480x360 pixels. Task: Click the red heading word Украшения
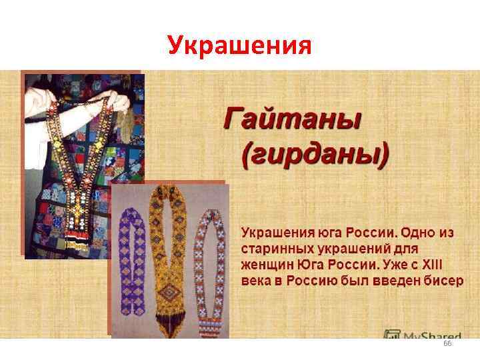click(239, 45)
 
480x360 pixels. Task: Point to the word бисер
click(441, 279)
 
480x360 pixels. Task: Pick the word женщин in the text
click(264, 263)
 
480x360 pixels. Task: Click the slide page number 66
click(447, 343)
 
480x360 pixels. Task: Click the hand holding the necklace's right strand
click(119, 102)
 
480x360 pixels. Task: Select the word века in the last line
click(255, 279)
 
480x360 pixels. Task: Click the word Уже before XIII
click(402, 263)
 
